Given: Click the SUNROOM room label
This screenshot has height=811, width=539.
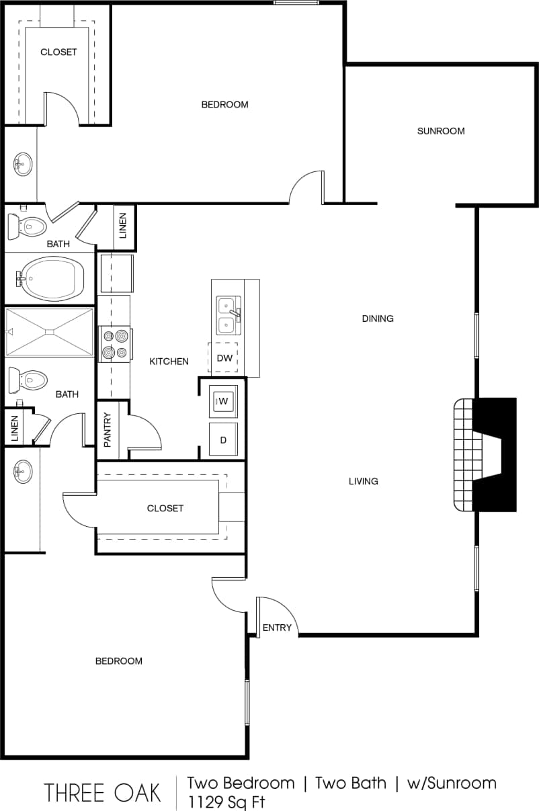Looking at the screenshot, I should (441, 131).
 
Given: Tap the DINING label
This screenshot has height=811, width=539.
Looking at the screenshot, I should (378, 318).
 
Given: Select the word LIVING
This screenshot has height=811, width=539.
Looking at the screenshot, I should (364, 481).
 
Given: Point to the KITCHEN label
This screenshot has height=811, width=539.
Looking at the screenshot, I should (169, 361).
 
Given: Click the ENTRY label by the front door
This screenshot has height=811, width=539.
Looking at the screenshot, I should (277, 628).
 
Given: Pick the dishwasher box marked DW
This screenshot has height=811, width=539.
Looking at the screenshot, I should (224, 358).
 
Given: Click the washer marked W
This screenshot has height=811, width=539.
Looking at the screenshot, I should (223, 402).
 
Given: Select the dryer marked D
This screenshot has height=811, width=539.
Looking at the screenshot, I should (223, 439).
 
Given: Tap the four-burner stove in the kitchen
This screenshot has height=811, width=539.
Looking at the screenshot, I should (114, 343).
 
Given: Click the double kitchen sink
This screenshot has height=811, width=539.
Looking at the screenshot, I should (228, 316).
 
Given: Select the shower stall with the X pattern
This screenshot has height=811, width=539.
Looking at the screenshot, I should (50, 331).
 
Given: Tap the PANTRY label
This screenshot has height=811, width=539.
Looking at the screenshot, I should (108, 430).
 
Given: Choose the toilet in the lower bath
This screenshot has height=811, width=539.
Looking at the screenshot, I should (27, 380).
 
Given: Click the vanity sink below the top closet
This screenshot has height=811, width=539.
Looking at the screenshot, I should (23, 163).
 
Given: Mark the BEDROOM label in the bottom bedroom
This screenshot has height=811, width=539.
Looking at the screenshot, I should (119, 661).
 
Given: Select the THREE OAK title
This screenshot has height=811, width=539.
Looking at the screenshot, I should (103, 793).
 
